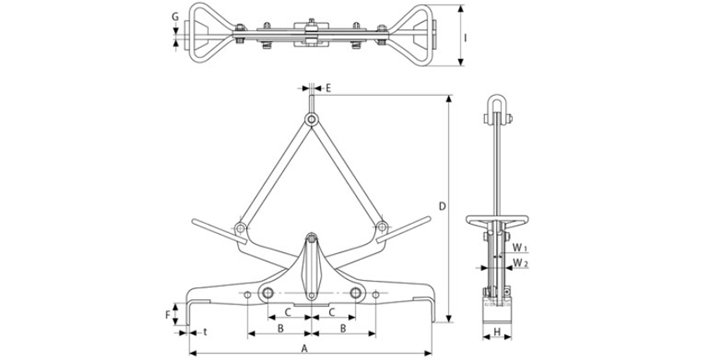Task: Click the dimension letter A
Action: pyautogui.click(x=304, y=348)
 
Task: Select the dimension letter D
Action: pyautogui.click(x=443, y=206)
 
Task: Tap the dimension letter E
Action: pyautogui.click(x=328, y=88)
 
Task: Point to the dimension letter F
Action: pyautogui.click(x=168, y=314)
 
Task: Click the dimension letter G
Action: pyautogui.click(x=175, y=18)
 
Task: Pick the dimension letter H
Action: pyautogui.click(x=497, y=332)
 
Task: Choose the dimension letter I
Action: pyautogui.click(x=466, y=38)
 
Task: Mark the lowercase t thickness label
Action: pyautogui.click(x=205, y=332)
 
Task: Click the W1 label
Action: pyautogui.click(x=519, y=248)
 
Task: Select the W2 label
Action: pyautogui.click(x=521, y=262)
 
